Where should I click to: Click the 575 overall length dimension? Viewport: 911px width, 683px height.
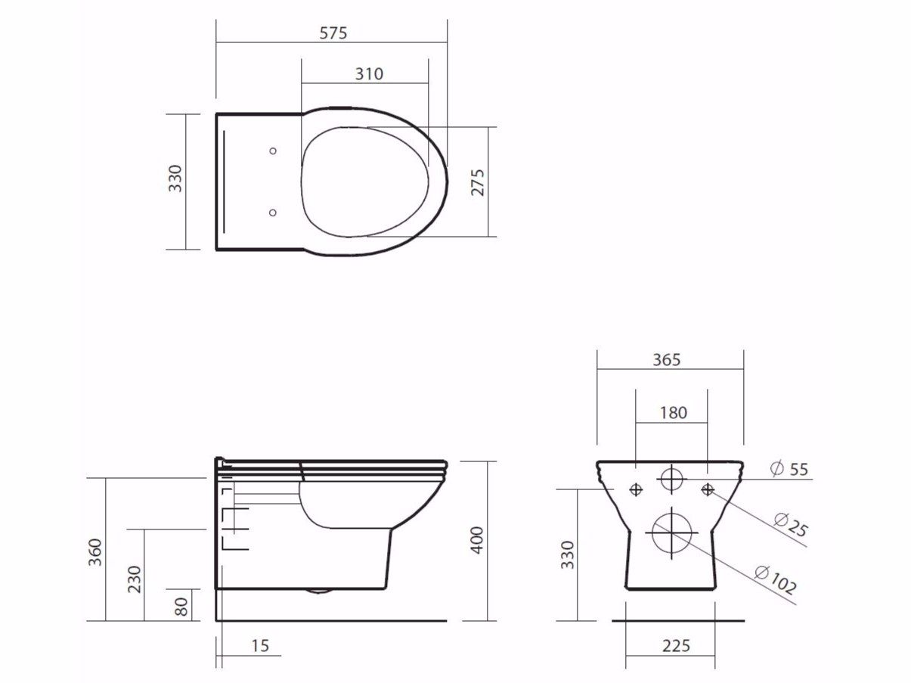pyautogui.click(x=333, y=33)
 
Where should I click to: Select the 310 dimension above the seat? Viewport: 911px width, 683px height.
pyautogui.click(x=369, y=73)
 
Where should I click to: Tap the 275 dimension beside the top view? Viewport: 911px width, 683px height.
pyautogui.click(x=478, y=182)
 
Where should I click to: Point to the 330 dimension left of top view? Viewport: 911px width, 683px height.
pyautogui.click(x=175, y=179)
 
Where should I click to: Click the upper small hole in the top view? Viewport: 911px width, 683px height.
pyautogui.click(x=273, y=151)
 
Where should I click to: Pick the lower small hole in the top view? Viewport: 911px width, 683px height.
pyautogui.click(x=273, y=213)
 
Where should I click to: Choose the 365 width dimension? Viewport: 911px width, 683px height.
pyautogui.click(x=666, y=360)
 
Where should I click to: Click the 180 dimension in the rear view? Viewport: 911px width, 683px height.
pyautogui.click(x=673, y=412)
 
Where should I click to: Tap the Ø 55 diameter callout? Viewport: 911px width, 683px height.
pyautogui.click(x=789, y=469)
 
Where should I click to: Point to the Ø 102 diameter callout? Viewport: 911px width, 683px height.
pyautogui.click(x=775, y=579)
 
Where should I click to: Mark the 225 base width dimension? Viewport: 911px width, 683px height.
pyautogui.click(x=676, y=645)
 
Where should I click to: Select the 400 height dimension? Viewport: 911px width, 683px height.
pyautogui.click(x=477, y=540)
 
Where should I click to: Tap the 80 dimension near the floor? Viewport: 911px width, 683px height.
pyautogui.click(x=181, y=606)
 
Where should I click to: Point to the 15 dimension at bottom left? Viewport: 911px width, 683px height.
pyautogui.click(x=260, y=646)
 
